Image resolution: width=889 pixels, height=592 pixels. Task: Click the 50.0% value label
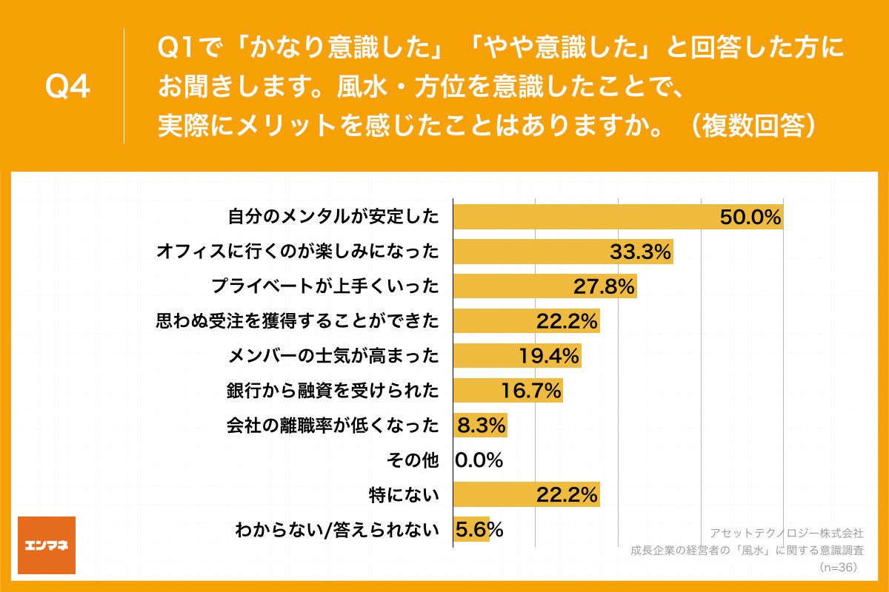[x=750, y=218]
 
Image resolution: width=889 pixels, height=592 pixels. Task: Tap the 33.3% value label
[x=640, y=252]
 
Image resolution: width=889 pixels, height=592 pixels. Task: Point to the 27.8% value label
[x=604, y=286]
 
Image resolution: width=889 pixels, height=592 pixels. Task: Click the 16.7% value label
[x=530, y=390]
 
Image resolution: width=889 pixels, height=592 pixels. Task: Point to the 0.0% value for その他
[x=479, y=460]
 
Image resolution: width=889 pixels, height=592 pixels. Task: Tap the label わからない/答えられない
[x=337, y=529]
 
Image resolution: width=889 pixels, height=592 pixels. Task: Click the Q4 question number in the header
[x=68, y=87]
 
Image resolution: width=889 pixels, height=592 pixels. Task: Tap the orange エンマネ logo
[x=47, y=545]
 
